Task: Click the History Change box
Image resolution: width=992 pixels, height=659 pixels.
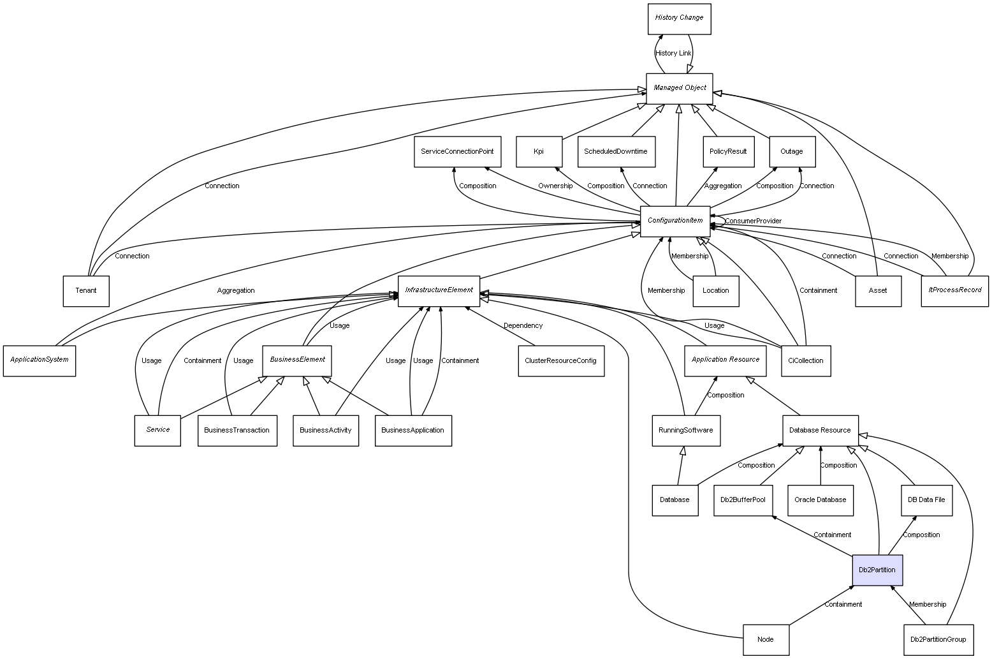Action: pyautogui.click(x=679, y=19)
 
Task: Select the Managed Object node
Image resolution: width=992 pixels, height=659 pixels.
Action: pyautogui.click(x=680, y=88)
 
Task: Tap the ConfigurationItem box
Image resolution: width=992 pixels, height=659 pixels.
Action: pyautogui.click(x=675, y=221)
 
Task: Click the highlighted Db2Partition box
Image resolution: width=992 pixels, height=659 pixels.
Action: pyautogui.click(x=877, y=570)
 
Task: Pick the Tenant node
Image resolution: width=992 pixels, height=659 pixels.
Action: pyautogui.click(x=86, y=291)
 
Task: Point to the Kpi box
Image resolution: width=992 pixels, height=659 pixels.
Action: pyautogui.click(x=539, y=152)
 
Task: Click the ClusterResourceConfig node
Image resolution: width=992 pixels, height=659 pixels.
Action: pyautogui.click(x=560, y=360)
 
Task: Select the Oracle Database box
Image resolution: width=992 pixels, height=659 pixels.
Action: pyautogui.click(x=820, y=500)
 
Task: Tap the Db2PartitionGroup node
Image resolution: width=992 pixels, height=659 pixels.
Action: pyautogui.click(x=938, y=639)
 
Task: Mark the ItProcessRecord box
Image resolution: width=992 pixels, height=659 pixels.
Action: pyautogui.click(x=954, y=290)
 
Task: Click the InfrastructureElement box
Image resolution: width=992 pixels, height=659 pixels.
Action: pyautogui.click(x=439, y=290)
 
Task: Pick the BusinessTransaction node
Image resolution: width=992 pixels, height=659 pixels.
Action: pyautogui.click(x=237, y=431)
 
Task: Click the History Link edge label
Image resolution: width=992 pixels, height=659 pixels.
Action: pyautogui.click(x=673, y=54)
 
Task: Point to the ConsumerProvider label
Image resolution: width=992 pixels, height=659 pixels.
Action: pyautogui.click(x=753, y=221)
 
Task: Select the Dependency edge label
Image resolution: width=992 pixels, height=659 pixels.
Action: pyautogui.click(x=523, y=326)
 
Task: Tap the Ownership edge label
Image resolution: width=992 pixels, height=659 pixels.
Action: pyautogui.click(x=555, y=186)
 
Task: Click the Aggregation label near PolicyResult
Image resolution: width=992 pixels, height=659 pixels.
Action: pyautogui.click(x=722, y=186)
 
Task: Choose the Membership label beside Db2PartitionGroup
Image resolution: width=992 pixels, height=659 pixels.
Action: pyautogui.click(x=928, y=605)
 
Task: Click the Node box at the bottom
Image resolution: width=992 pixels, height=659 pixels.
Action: pyautogui.click(x=766, y=639)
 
